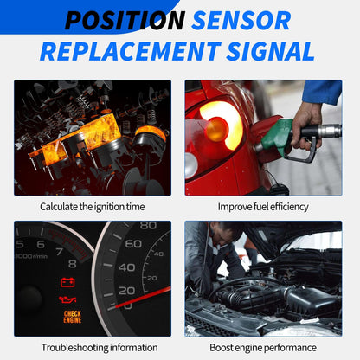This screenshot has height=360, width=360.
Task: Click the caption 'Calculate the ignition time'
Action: [91, 207]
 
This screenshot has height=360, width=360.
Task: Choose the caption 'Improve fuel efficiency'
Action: [262, 207]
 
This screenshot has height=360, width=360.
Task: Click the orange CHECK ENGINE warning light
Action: [73, 317]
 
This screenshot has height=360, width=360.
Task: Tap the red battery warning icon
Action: [66, 282]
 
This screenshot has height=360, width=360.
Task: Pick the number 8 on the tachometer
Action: [73, 263]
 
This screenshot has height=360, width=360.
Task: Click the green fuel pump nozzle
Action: [279, 136]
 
